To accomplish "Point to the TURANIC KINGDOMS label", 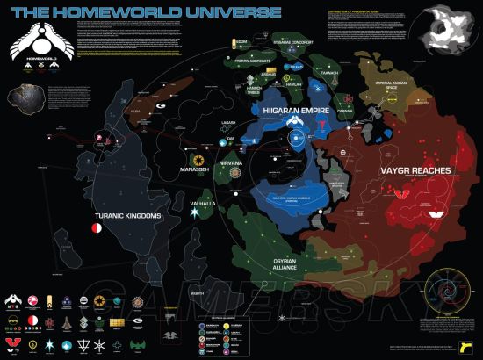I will point(128,214).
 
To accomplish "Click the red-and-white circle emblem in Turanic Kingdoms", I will point(96,228).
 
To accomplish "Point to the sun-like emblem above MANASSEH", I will point(199,160).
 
